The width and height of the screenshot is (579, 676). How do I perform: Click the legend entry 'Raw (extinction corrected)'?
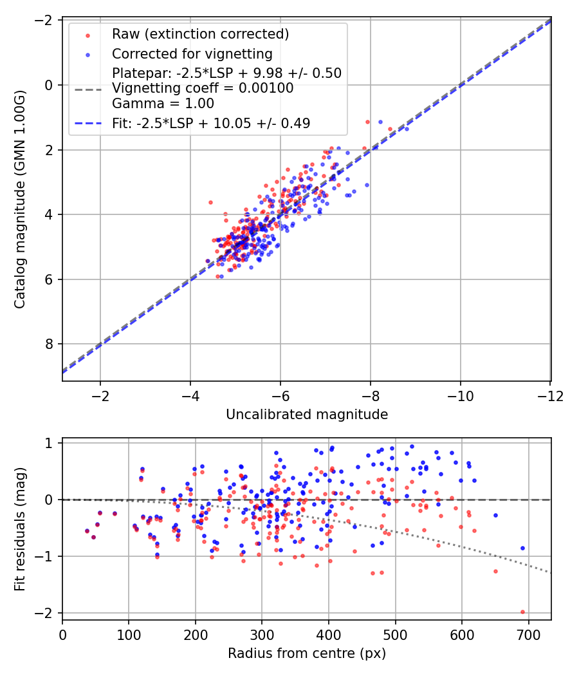200,34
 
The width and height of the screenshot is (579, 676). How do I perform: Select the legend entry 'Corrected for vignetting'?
192,54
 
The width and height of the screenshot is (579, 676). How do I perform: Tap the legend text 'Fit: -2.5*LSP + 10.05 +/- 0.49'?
211,124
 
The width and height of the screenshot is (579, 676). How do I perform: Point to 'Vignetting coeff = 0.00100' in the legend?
203,88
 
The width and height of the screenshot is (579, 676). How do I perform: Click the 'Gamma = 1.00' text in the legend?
163,103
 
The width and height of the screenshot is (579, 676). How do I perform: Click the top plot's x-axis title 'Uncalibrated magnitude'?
307,415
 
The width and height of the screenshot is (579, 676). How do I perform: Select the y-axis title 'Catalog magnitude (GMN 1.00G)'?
21,198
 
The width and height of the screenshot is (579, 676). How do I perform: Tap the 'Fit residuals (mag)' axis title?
21,529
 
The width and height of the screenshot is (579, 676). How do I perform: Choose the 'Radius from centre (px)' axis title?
307,653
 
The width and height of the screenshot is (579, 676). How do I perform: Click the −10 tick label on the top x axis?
461,396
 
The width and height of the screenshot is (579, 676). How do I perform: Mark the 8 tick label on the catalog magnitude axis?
49,344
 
